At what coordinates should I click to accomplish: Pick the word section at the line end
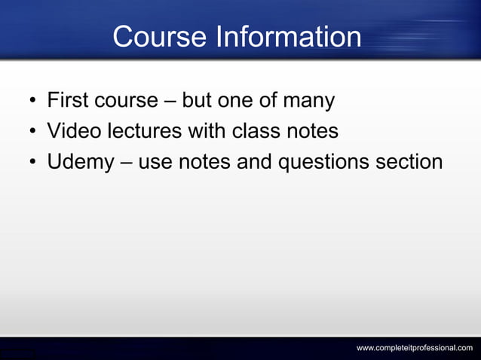[412, 162]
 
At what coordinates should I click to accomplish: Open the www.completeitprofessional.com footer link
[415, 347]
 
